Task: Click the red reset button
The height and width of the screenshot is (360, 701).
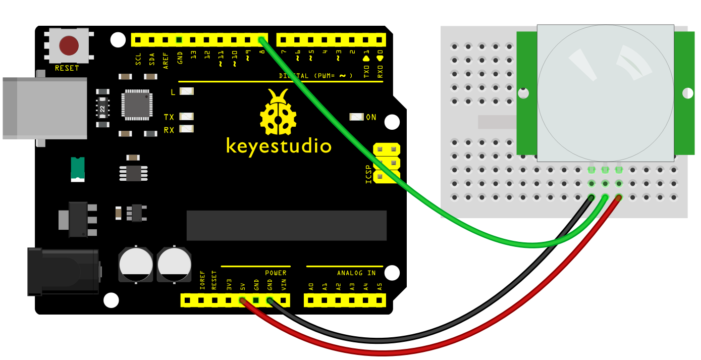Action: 69,45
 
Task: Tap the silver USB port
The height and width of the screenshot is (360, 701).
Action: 45,108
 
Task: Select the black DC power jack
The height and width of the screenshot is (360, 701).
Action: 64,272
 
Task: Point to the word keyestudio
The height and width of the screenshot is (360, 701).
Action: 279,146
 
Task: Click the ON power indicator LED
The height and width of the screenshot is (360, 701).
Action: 356,117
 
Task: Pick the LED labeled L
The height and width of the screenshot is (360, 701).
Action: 187,91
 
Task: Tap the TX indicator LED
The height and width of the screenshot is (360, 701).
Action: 187,117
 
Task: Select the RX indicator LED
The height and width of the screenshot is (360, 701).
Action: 187,129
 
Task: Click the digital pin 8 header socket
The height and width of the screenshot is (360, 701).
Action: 261,40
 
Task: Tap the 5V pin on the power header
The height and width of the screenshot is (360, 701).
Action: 242,300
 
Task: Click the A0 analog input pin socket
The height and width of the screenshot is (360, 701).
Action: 311,300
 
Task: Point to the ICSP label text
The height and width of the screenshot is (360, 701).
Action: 368,174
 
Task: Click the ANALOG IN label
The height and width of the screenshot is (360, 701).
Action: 356,273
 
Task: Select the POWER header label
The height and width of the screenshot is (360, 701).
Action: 276,273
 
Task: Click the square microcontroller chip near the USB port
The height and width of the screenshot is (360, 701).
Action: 137,105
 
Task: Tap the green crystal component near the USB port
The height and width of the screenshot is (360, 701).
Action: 78,169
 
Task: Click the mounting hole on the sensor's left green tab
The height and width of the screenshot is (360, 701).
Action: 523,93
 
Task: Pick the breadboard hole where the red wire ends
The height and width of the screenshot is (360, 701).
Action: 619,197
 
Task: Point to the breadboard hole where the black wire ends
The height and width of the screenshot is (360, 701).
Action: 591,197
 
